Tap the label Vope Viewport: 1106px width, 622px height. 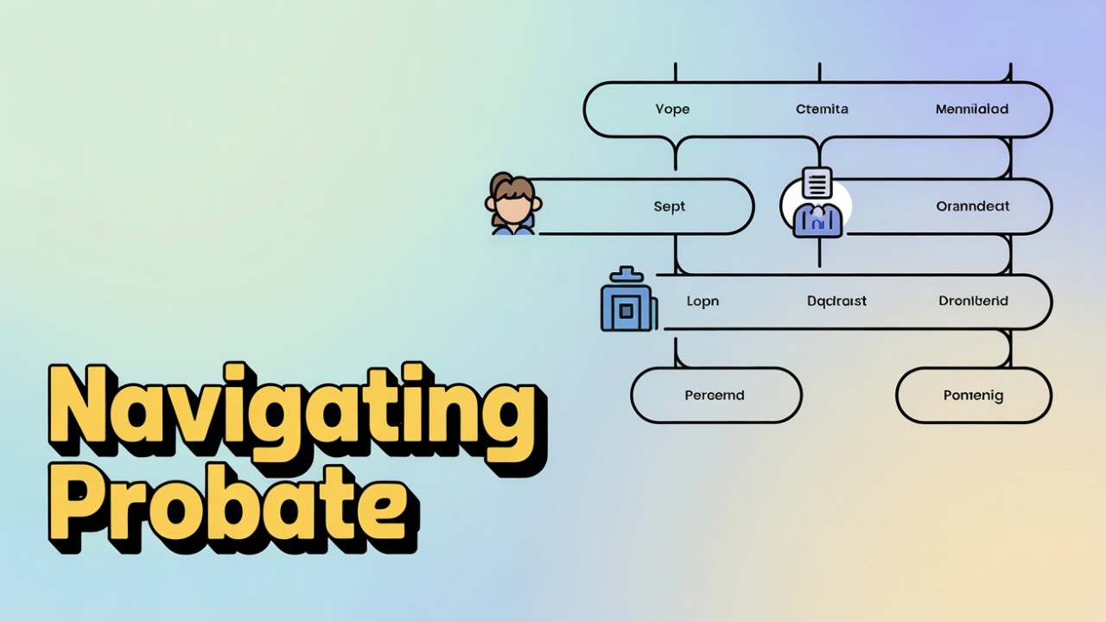tap(672, 109)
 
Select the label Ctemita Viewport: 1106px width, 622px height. tap(822, 109)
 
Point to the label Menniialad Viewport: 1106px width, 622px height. tap(972, 109)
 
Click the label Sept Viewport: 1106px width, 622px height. tap(670, 206)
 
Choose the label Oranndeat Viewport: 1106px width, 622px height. tap(973, 206)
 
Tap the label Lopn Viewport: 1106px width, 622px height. tap(702, 301)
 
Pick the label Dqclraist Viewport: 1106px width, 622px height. tap(836, 301)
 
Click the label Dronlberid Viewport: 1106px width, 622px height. tap(973, 301)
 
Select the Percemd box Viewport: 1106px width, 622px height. tap(715, 395)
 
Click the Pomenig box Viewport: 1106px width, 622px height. tap(973, 395)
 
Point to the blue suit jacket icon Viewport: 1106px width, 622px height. tap(817, 219)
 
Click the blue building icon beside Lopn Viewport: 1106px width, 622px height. tap(627, 303)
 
